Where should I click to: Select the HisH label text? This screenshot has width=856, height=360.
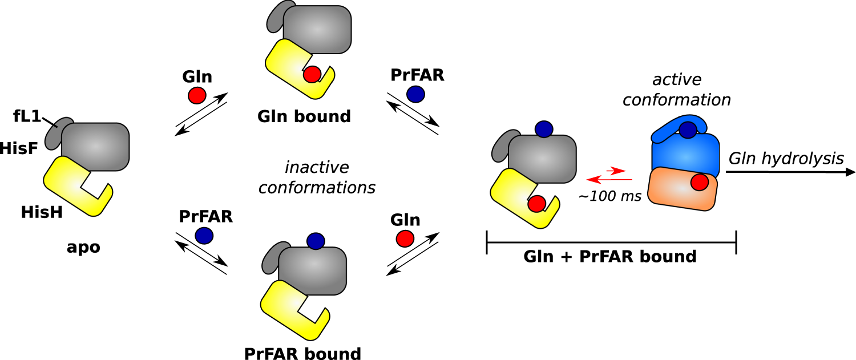coord(41,212)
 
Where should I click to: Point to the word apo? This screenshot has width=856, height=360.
coord(83,247)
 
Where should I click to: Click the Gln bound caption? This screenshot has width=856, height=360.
coord(304,116)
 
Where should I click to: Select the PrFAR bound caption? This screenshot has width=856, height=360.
coord(302,353)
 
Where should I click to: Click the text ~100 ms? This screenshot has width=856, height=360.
coord(610,196)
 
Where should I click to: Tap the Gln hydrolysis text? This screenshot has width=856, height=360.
coord(786,158)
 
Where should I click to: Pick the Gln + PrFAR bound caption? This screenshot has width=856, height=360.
coord(610,257)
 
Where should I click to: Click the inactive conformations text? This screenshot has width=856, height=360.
coord(317,177)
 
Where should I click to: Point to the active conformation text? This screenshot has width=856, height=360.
coord(676,90)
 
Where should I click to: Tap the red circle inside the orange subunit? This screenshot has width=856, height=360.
coord(700,183)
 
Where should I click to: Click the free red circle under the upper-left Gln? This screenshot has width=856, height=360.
coord(197,95)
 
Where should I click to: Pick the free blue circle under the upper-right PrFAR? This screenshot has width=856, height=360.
coord(415,93)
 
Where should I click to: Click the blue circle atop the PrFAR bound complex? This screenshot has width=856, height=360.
coord(316,241)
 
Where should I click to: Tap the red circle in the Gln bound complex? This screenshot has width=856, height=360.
coord(312,74)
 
